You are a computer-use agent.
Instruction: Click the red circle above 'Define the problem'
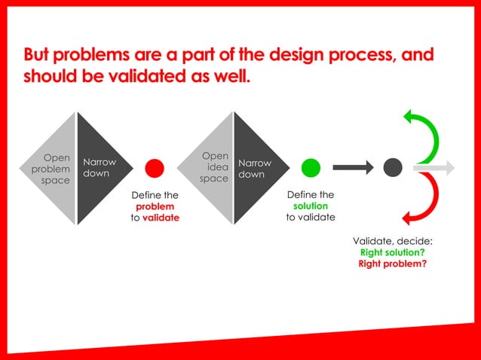tap(155, 168)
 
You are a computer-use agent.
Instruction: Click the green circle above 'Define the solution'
tap(311, 168)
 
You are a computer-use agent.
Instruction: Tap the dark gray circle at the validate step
tap(393, 168)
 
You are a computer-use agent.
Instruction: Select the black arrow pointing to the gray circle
tap(353, 168)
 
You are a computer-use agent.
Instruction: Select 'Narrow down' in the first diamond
tap(100, 168)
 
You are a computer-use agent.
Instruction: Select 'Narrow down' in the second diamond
tap(255, 169)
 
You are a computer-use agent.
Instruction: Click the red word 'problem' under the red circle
tap(155, 206)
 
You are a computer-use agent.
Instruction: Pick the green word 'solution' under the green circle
tap(310, 206)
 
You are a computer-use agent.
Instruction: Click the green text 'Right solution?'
tap(392, 252)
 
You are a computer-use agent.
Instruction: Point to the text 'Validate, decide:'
tap(392, 241)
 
